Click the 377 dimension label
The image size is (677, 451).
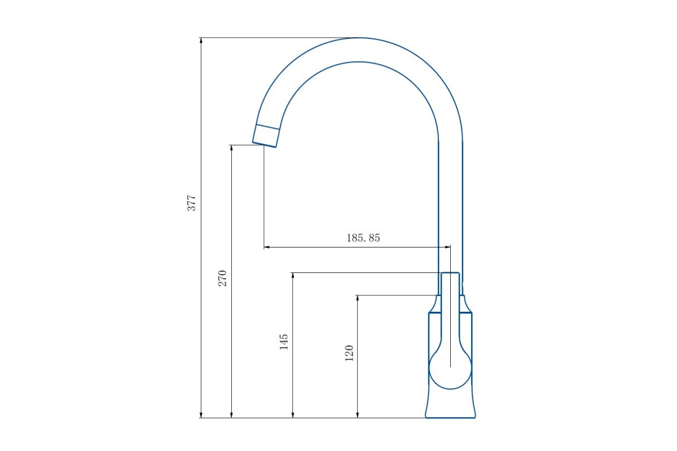click(x=192, y=203)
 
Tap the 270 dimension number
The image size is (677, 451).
click(x=222, y=278)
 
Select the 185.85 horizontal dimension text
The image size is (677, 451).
click(x=363, y=238)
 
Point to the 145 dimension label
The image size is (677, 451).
click(x=283, y=342)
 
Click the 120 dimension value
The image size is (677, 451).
click(x=349, y=353)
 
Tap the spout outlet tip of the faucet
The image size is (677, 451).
click(x=264, y=145)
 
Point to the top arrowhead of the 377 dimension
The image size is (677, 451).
click(x=201, y=41)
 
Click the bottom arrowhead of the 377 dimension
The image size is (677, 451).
click(x=201, y=415)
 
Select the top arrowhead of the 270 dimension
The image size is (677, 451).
click(x=231, y=148)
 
